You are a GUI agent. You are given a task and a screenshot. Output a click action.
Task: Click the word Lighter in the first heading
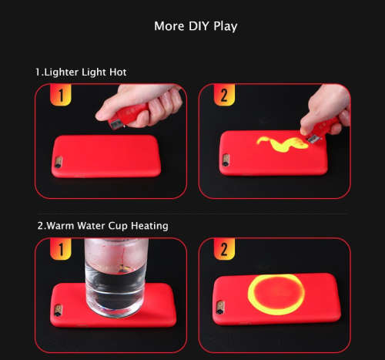pos(61,72)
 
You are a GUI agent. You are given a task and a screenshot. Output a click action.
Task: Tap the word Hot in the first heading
pos(118,72)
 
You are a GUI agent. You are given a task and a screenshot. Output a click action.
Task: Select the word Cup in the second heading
pos(118,226)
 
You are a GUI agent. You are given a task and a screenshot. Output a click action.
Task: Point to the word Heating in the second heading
pos(149,226)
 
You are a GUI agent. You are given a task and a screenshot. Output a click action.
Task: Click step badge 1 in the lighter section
pos(61,95)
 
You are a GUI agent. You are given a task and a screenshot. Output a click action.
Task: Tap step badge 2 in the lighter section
pos(224,95)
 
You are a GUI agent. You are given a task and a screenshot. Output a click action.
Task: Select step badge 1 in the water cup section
pos(61,249)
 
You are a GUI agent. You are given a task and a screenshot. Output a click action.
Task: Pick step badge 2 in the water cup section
pos(224,249)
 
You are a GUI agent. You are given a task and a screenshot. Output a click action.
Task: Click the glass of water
pos(116,278)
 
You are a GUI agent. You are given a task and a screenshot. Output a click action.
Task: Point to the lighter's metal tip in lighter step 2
pos(314,139)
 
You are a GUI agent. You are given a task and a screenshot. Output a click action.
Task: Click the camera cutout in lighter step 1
pos(59,162)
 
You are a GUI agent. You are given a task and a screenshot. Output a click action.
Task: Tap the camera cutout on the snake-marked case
pos(226,160)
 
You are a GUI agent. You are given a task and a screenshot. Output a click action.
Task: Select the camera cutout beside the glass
pos(58,311)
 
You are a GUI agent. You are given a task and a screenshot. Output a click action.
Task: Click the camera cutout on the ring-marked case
pos(220,308)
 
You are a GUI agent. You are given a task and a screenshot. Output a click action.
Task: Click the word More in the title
pos(169,26)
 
